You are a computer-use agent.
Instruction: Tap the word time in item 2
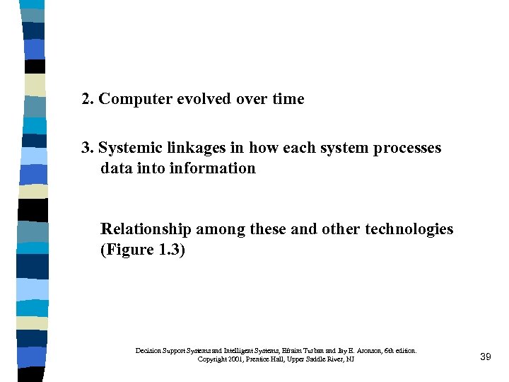click(288, 99)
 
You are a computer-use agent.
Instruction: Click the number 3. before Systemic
click(88, 148)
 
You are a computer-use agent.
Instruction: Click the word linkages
click(191, 148)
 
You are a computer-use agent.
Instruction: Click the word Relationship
click(146, 229)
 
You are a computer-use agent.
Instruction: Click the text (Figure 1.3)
click(143, 250)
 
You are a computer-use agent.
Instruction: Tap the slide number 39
click(485, 357)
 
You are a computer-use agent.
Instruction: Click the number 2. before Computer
click(88, 99)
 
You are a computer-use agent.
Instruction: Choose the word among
click(218, 229)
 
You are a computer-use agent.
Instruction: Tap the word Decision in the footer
click(147, 350)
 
